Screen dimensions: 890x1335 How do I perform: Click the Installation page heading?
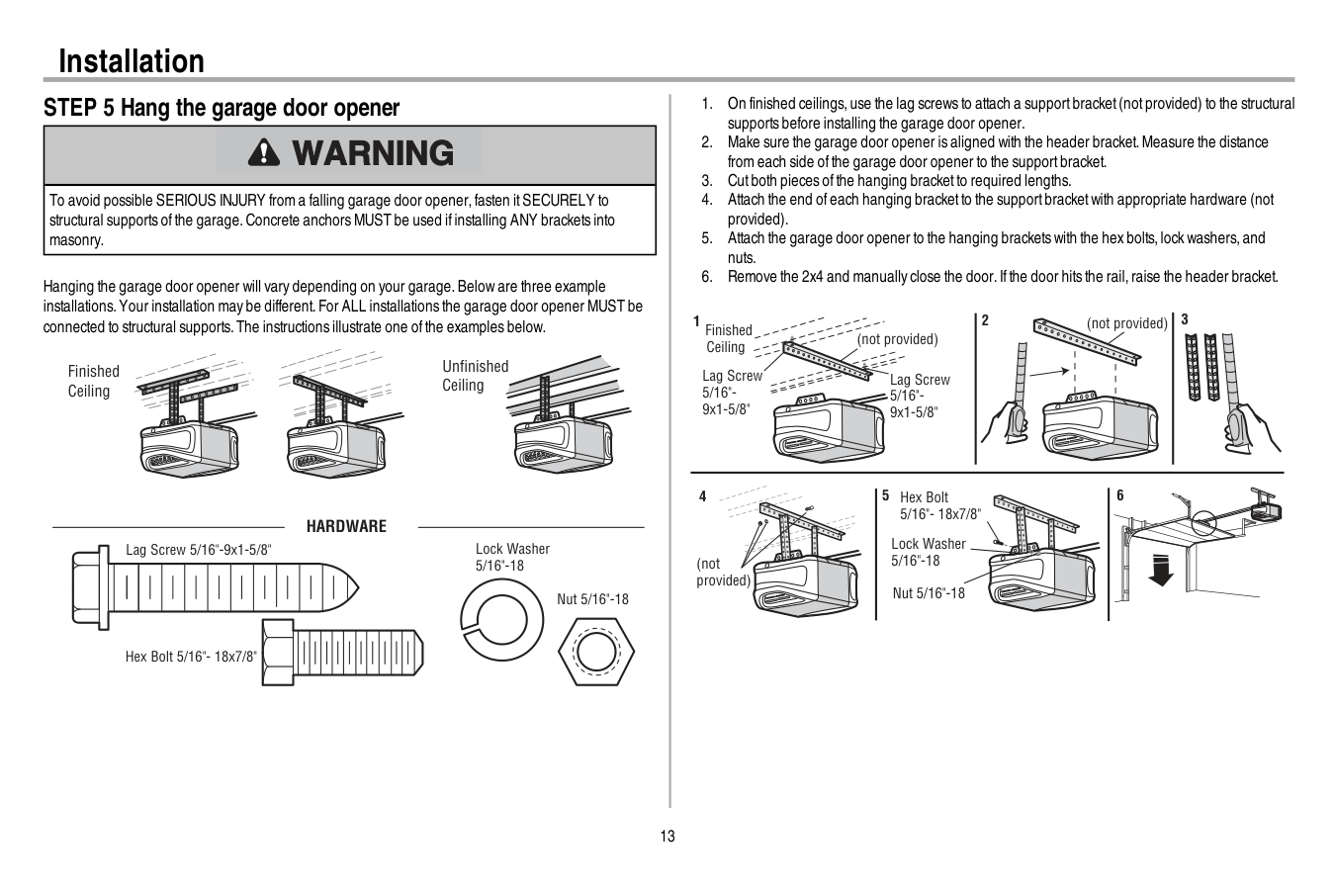(x=132, y=61)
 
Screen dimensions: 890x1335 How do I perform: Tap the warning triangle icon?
(x=264, y=152)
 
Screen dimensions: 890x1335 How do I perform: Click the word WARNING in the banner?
(x=373, y=153)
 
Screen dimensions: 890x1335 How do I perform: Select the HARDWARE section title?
(x=346, y=526)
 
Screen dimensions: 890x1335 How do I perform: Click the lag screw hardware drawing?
(x=213, y=588)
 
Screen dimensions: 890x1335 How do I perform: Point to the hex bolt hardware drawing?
(x=342, y=652)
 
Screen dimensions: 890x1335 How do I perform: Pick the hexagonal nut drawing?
(x=596, y=655)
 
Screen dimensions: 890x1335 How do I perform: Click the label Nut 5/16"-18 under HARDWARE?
(x=592, y=599)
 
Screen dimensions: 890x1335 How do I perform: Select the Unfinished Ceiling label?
(x=475, y=376)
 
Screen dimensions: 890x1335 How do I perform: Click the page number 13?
(x=667, y=837)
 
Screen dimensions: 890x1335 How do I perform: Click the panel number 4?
(x=703, y=496)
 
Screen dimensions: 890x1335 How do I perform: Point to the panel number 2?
(x=985, y=320)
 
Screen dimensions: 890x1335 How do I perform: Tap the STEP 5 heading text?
(x=222, y=108)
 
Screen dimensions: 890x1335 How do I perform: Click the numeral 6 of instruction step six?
(x=707, y=277)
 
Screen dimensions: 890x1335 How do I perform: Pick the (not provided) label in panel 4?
(x=723, y=572)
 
